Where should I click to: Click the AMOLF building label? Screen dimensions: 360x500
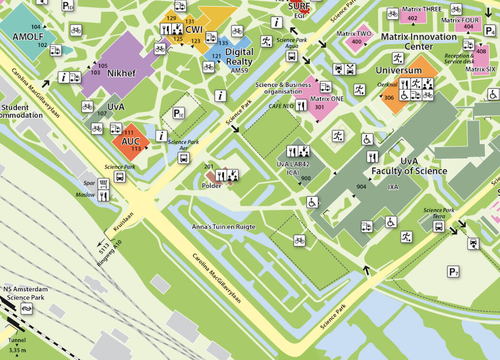coord(27,37)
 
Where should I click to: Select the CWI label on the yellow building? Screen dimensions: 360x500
coord(194,29)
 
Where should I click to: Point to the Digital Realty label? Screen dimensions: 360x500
coord(239,57)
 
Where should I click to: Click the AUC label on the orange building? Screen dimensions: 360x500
coord(131,141)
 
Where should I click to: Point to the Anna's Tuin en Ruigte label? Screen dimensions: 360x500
coord(223,227)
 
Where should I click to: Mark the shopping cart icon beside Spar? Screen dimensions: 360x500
coord(104,183)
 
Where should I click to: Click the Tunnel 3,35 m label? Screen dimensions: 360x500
coord(17,346)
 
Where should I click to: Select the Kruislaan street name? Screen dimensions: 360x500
coord(124,221)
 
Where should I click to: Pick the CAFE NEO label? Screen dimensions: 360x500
coord(281,106)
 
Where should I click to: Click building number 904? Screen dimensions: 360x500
coord(361,187)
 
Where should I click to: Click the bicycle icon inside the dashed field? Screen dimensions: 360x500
coord(299,239)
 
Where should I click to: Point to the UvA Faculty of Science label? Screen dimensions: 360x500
coord(409,166)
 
